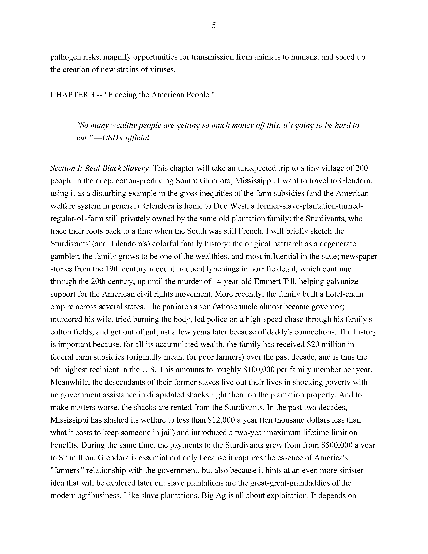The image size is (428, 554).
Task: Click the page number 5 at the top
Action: pos(214,26)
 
